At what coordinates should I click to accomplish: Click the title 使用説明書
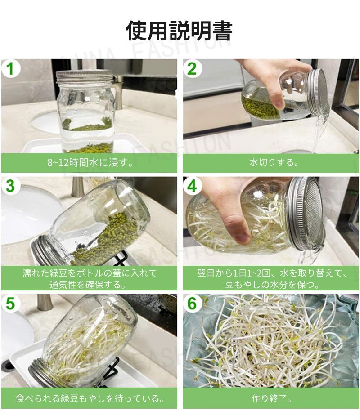point(179,31)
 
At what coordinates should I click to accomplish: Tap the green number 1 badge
point(10,68)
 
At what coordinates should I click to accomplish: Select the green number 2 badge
point(192,68)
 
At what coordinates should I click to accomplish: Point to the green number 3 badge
point(10,186)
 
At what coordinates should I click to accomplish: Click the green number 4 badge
point(192,186)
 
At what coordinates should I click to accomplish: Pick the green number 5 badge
point(10,303)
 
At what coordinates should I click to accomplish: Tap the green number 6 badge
point(192,303)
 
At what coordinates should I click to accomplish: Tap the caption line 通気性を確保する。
point(88,285)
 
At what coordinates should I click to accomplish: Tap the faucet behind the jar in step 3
point(78,188)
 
